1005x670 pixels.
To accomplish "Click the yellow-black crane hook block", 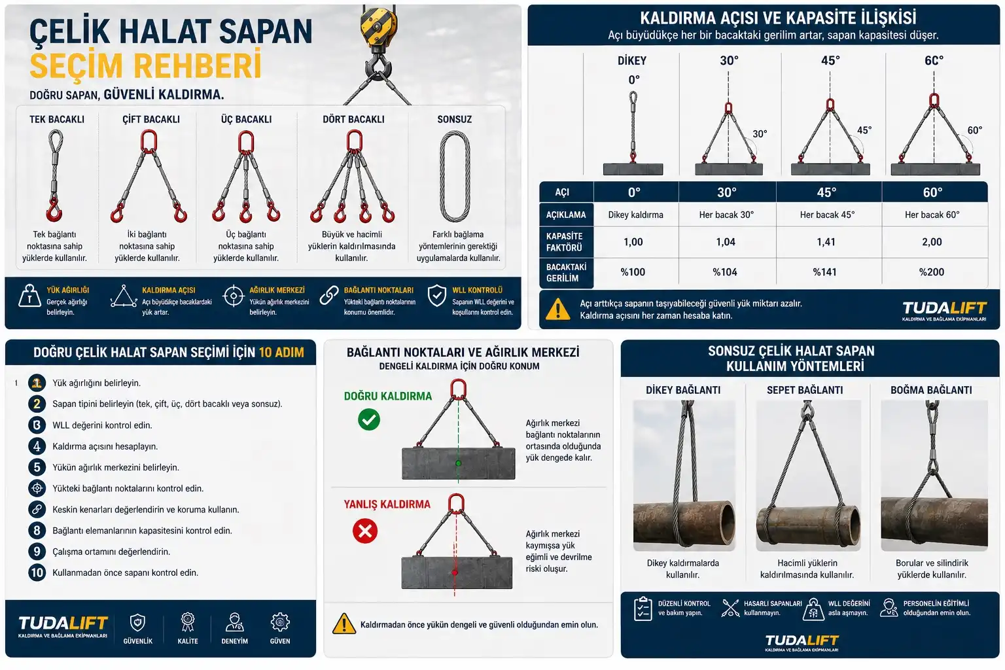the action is point(379,26).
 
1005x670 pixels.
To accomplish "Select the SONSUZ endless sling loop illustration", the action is point(455,176).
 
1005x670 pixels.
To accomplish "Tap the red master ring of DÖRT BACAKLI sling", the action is point(354,141).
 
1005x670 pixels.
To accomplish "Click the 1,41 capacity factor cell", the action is point(826,242).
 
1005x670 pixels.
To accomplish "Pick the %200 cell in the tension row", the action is point(932,272).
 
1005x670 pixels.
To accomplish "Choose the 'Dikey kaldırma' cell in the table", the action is point(635,215).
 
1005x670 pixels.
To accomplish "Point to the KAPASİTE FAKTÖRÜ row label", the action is point(564,242).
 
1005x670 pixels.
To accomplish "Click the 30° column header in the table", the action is point(726,192).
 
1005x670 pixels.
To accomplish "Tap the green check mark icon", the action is point(369,419).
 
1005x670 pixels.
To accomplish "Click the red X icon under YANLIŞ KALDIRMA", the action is point(365,531).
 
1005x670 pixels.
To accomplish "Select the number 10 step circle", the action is point(37,573).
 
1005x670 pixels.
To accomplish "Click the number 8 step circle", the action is point(37,531).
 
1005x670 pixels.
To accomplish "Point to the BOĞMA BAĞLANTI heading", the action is point(931,390).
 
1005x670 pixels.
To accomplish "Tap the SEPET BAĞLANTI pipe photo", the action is point(808,476).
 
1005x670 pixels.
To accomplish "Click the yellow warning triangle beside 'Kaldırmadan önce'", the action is point(344,624).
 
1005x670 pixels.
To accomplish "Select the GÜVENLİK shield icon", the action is point(137,622).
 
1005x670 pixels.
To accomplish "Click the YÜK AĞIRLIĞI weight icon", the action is point(29,296).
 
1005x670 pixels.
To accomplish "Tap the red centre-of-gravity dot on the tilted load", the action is point(455,573).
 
